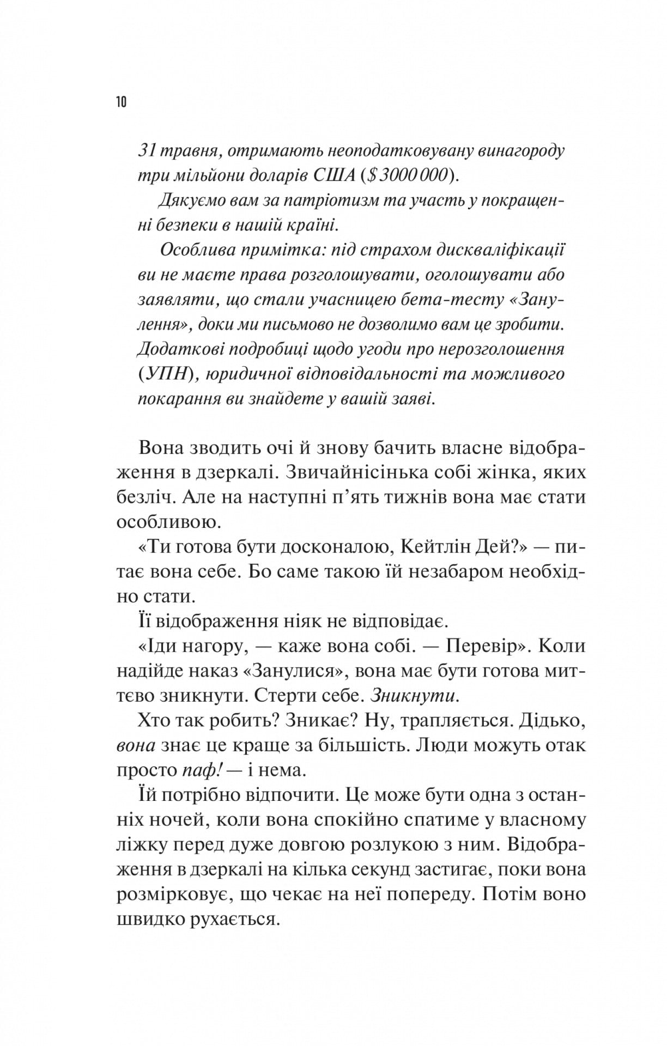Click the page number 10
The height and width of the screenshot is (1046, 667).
[121, 102]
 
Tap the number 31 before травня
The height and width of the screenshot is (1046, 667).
[148, 150]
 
